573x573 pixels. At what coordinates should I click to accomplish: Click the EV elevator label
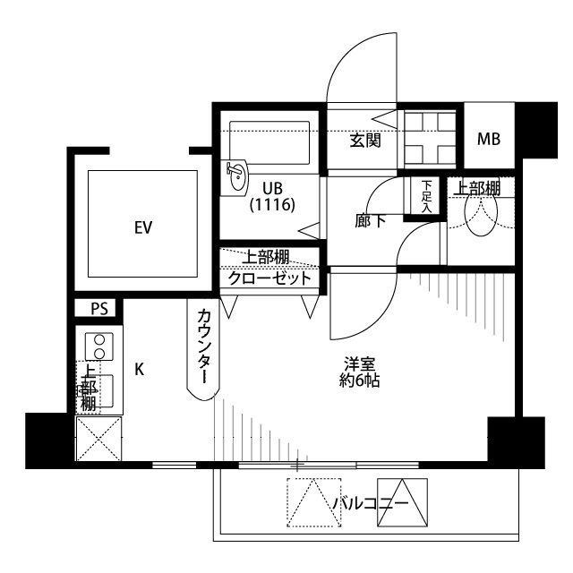(x=142, y=227)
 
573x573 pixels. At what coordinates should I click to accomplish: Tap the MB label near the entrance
(x=488, y=139)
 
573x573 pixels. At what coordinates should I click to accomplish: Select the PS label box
(x=98, y=309)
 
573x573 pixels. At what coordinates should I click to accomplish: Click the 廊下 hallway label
(x=371, y=220)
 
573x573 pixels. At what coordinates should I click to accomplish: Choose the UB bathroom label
(x=272, y=188)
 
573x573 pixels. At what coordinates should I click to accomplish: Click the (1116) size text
(x=272, y=205)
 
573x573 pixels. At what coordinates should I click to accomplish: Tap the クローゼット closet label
(x=269, y=278)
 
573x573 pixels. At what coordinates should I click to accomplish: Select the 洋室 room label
(x=362, y=363)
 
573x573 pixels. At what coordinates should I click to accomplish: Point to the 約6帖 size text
(x=362, y=381)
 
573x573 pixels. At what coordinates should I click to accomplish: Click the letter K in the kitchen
(x=139, y=368)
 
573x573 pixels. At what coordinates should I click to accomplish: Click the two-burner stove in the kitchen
(x=99, y=346)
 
